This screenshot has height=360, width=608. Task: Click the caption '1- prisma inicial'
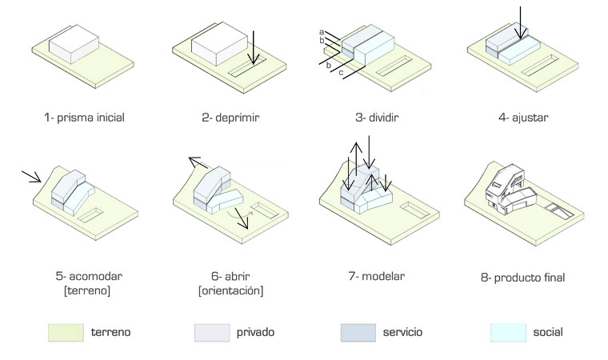(85, 118)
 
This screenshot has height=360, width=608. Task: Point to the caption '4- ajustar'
(520, 118)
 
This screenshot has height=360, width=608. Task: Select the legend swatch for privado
(211, 331)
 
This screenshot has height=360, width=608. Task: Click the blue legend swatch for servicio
(358, 331)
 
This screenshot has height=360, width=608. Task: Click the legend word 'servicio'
(403, 331)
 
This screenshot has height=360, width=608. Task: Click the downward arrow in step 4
(521, 22)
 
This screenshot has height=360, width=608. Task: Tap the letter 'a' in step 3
(320, 31)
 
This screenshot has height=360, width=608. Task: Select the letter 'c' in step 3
(341, 73)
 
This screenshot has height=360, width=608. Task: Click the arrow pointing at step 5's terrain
(31, 176)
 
